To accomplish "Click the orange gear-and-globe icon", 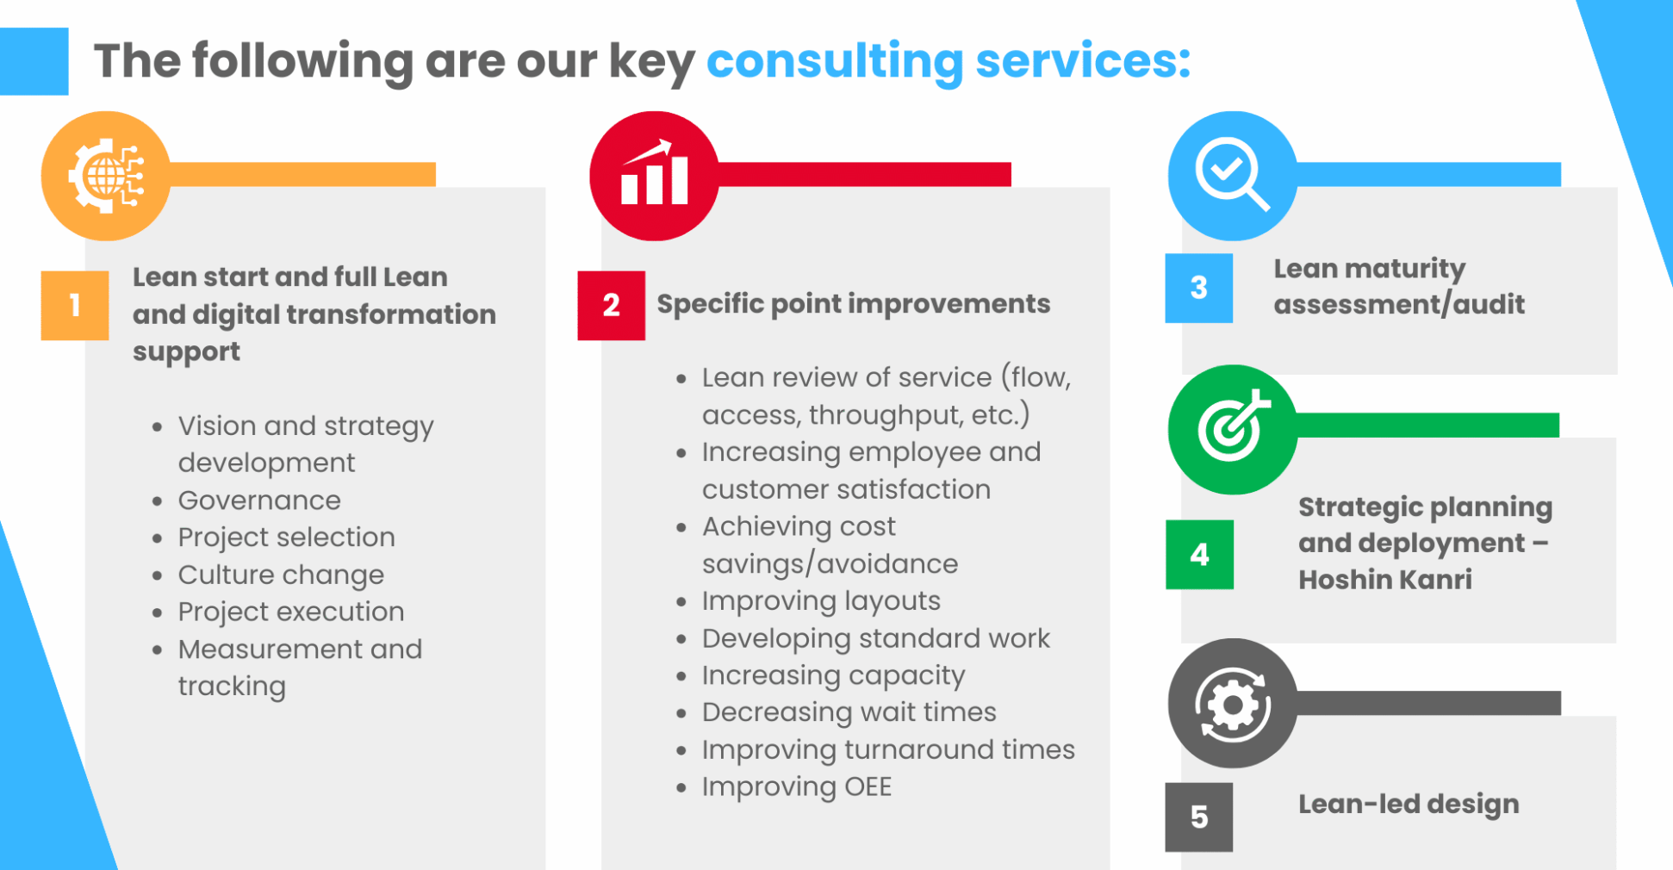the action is (x=106, y=176).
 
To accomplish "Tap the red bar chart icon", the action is (x=654, y=176).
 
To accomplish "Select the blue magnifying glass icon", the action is (x=1233, y=176).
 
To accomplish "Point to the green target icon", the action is (x=1233, y=429).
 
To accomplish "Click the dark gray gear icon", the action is (x=1233, y=703).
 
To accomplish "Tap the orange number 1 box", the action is (x=75, y=306).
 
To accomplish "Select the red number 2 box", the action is (x=612, y=306).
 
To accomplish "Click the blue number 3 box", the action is (x=1199, y=288).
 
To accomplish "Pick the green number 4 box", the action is (x=1200, y=555).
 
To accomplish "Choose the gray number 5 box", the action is (x=1199, y=817).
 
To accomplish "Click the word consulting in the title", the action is (x=835, y=62).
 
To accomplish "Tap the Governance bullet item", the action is (x=259, y=500).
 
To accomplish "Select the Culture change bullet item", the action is (x=281, y=575).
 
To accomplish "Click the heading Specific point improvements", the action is (x=854, y=304).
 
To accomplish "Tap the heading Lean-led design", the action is (x=1409, y=805).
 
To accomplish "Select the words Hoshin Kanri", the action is (x=1385, y=580).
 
